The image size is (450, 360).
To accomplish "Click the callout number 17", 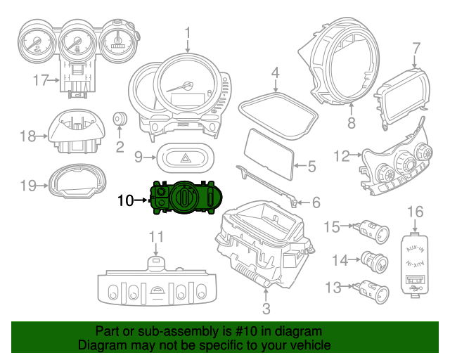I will pyautogui.click(x=40, y=80).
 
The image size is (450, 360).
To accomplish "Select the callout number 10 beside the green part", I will pyautogui.click(x=125, y=200).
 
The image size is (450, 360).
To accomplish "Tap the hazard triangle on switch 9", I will pyautogui.click(x=184, y=157).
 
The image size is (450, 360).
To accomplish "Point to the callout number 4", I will pyautogui.click(x=276, y=72).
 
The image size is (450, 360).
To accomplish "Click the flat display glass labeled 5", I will pyautogui.click(x=269, y=152).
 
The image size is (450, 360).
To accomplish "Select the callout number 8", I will pyautogui.click(x=352, y=123).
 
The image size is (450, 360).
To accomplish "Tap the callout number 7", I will pyautogui.click(x=416, y=49).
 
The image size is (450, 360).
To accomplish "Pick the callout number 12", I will pyautogui.click(x=341, y=155).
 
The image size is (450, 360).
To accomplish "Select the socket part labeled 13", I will pyautogui.click(x=370, y=288).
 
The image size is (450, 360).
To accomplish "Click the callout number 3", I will pyautogui.click(x=266, y=308).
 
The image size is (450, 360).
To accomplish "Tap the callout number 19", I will pyautogui.click(x=27, y=186).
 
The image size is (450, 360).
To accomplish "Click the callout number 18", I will pyautogui.click(x=27, y=136).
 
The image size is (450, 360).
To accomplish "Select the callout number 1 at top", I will pyautogui.click(x=188, y=32).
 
